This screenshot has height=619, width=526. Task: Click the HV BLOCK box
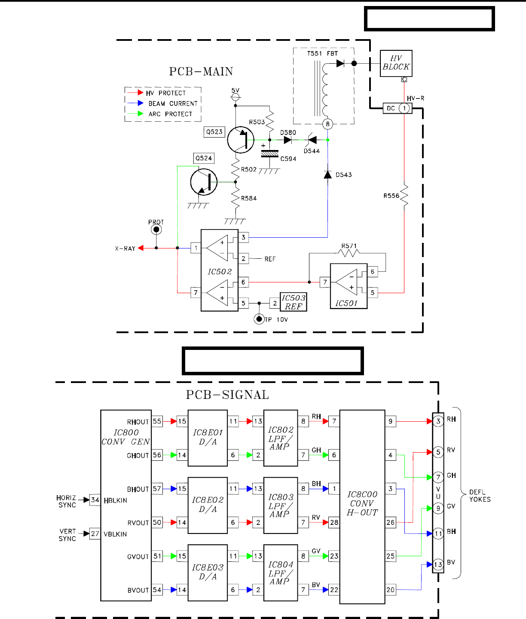(396, 63)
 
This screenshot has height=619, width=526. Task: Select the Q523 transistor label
(214, 132)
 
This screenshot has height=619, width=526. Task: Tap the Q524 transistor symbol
(204, 182)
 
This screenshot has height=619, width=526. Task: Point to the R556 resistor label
(391, 196)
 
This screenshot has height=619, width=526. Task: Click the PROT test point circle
(156, 230)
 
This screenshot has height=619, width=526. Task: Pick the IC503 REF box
(294, 302)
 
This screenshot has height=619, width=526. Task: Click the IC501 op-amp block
(349, 286)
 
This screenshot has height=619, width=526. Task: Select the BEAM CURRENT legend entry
(173, 104)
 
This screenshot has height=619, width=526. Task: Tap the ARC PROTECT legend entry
(170, 114)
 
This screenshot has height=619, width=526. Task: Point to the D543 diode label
(344, 175)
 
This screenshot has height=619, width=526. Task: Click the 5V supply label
(235, 91)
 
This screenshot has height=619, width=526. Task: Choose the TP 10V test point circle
(259, 319)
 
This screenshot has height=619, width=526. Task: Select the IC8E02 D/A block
(208, 505)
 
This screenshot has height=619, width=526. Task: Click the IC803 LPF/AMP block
(281, 505)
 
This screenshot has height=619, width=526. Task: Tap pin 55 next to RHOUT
(157, 421)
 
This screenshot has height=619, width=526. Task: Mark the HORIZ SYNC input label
(67, 501)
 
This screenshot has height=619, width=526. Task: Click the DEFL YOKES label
(480, 496)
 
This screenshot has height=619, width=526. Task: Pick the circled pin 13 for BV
(438, 564)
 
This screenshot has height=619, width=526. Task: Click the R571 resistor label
(349, 246)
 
